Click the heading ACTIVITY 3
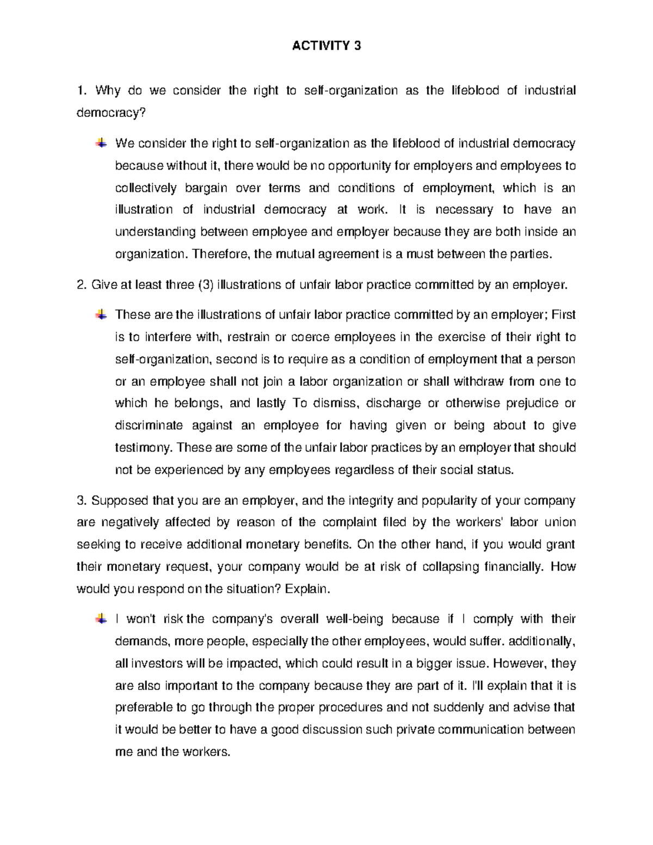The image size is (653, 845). [x=326, y=46]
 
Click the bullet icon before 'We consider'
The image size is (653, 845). [x=101, y=143]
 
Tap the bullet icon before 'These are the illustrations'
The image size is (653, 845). [x=101, y=314]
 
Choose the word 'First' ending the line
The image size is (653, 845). [x=563, y=314]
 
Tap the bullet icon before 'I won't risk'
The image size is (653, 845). [x=101, y=619]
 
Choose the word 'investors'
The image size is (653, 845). [x=157, y=663]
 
